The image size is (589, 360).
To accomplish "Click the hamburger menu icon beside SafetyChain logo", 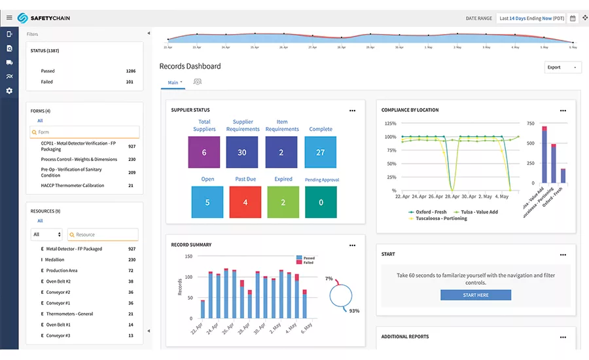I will (9, 18).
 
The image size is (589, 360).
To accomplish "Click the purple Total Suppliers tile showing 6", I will (204, 152).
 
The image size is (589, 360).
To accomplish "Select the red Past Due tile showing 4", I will (245, 202).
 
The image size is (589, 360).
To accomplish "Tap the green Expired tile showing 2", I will (283, 202).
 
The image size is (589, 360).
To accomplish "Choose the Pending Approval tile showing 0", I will (321, 202).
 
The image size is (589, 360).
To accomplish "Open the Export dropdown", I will (562, 67).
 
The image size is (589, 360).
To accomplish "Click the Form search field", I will (85, 132).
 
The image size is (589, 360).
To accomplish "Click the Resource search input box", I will (103, 234).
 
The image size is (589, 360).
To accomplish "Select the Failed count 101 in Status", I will (129, 82).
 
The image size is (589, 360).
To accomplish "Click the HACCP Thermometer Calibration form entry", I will (73, 186).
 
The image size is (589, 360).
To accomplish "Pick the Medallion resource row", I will (55, 260).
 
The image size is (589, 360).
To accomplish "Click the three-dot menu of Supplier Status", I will (352, 111).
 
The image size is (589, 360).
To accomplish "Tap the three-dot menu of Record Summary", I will (352, 245).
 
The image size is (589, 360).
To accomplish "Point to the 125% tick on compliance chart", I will (390, 123).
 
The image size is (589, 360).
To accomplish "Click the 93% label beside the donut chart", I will (354, 311).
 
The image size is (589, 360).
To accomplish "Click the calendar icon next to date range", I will (573, 18).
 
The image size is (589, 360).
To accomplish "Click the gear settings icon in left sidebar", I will (9, 91).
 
